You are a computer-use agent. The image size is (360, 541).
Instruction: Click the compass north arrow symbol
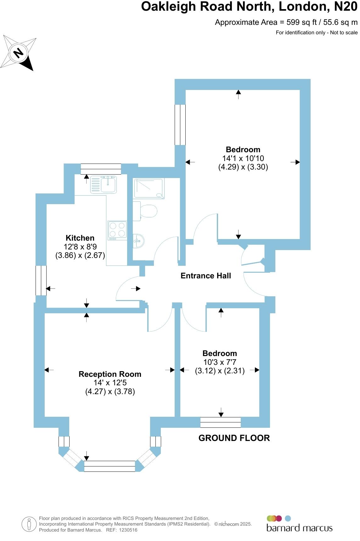click(x=19, y=53)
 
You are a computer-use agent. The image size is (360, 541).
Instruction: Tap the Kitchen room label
click(x=80, y=238)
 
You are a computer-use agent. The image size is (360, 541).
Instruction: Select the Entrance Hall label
click(x=206, y=276)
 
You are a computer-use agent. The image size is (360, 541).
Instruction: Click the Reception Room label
click(x=110, y=374)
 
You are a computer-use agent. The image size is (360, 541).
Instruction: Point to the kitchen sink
click(x=104, y=185)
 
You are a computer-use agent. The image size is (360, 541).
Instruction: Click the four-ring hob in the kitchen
click(x=117, y=229)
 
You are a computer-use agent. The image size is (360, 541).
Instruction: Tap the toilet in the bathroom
click(x=145, y=211)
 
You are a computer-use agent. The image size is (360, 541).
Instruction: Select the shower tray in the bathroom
click(x=149, y=189)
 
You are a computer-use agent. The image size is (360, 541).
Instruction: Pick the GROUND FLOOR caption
click(x=234, y=438)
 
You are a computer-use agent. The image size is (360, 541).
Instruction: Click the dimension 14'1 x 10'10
click(x=243, y=159)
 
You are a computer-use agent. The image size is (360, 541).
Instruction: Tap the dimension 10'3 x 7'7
click(x=220, y=362)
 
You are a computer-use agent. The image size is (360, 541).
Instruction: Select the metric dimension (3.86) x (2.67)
click(x=80, y=255)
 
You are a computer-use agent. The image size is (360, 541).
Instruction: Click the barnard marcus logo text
click(x=299, y=528)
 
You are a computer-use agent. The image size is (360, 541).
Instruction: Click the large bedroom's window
click(x=180, y=125)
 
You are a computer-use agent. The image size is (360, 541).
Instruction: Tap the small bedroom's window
click(x=220, y=422)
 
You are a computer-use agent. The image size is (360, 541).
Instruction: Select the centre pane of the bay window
click(x=110, y=466)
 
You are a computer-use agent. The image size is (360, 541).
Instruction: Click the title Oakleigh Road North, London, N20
click(x=249, y=7)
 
